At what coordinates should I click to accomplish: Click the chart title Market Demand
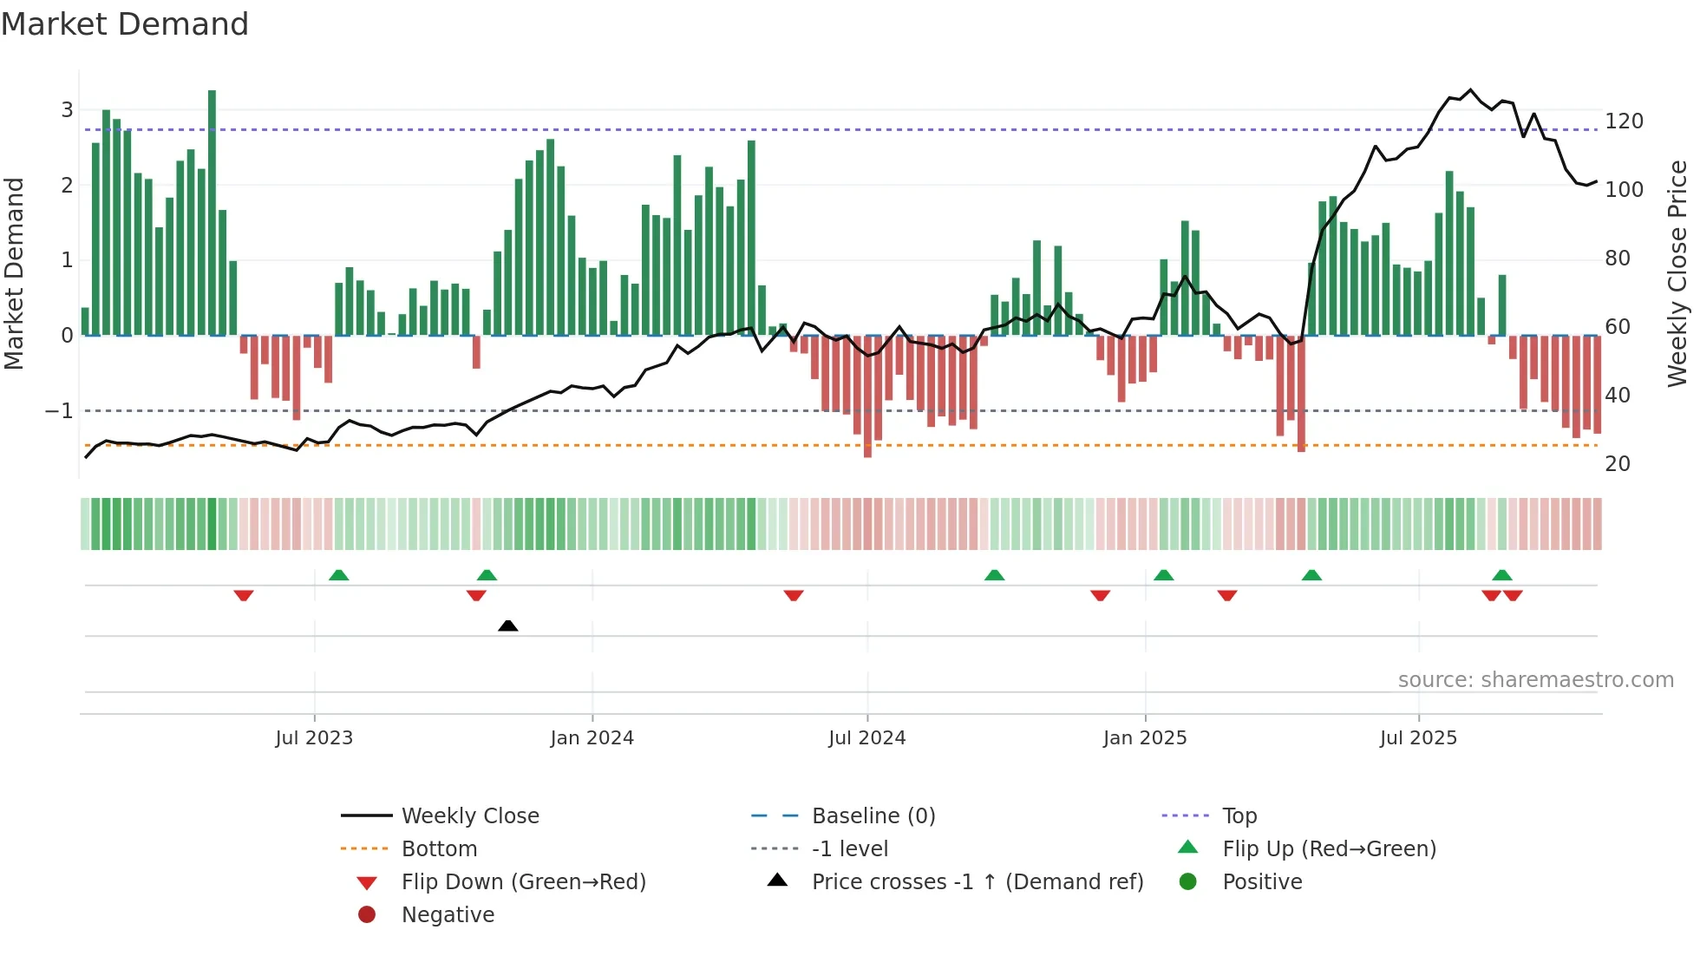[125, 24]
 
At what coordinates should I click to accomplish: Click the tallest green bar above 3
[212, 208]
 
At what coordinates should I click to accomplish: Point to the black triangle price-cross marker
[508, 625]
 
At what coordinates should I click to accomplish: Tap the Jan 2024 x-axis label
[592, 738]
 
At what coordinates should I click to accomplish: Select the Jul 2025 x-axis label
[1418, 738]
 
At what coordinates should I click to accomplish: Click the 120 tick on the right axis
[1624, 121]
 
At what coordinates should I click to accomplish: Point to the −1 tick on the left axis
[59, 411]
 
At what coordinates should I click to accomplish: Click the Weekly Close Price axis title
[1677, 273]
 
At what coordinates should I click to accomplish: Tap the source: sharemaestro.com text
[1535, 680]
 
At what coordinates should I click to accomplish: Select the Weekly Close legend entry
[469, 816]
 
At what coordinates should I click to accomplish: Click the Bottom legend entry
[439, 849]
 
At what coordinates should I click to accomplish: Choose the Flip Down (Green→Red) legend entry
[523, 882]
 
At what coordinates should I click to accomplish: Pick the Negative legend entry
[448, 915]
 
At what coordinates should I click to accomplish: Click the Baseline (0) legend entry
[873, 816]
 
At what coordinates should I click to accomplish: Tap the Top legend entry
[1239, 816]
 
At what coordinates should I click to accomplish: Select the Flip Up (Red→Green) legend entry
[1329, 849]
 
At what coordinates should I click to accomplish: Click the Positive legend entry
[1262, 882]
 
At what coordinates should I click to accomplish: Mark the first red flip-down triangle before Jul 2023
[244, 595]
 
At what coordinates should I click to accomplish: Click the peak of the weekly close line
[1469, 90]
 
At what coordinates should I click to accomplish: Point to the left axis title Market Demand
[14, 273]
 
